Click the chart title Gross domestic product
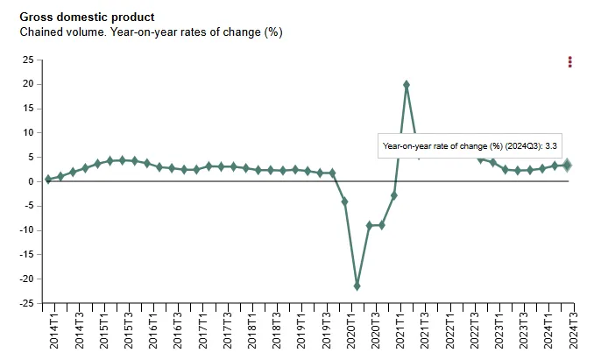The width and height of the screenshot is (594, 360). [87, 17]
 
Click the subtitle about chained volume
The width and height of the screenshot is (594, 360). [151, 32]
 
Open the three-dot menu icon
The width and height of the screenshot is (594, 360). [570, 61]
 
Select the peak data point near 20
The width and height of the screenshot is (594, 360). [407, 85]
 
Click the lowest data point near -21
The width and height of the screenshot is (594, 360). [357, 286]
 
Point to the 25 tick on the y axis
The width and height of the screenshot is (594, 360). [27, 60]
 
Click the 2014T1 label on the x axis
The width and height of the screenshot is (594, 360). [53, 331]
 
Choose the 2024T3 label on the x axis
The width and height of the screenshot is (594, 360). [574, 331]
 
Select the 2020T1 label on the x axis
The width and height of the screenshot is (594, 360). [351, 331]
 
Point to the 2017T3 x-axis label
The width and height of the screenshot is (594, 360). [227, 331]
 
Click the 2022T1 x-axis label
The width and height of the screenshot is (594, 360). [450, 331]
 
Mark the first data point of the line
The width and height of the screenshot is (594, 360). [48, 180]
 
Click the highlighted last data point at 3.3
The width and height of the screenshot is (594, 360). [567, 166]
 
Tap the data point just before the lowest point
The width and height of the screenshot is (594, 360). [344, 201]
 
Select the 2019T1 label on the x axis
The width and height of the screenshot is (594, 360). [301, 331]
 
